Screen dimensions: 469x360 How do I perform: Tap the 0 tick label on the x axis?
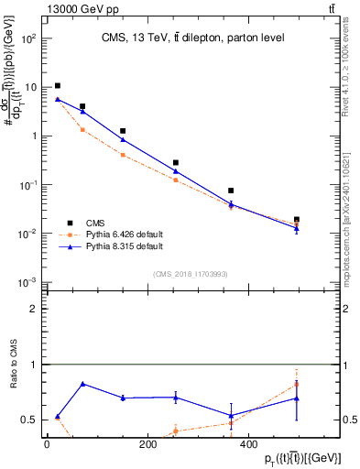(47, 444)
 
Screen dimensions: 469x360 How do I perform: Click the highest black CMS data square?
(57, 86)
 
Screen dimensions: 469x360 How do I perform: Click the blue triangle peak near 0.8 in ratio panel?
(83, 384)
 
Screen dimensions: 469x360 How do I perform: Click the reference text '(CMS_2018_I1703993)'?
(191, 273)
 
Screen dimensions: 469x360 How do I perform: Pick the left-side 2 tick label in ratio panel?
(36, 310)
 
